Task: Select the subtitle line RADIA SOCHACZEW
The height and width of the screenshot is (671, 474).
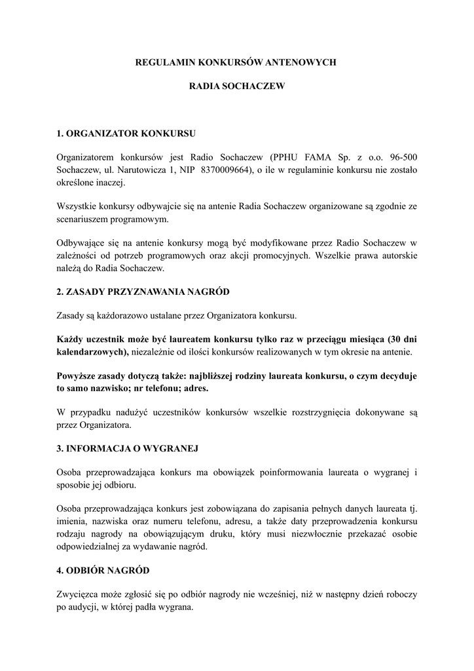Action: coord(237,85)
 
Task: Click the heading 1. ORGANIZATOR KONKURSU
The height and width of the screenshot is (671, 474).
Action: coord(126,133)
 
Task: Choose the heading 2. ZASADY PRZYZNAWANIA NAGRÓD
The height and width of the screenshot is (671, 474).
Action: coord(143,291)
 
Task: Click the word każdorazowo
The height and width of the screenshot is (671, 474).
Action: coord(117,315)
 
